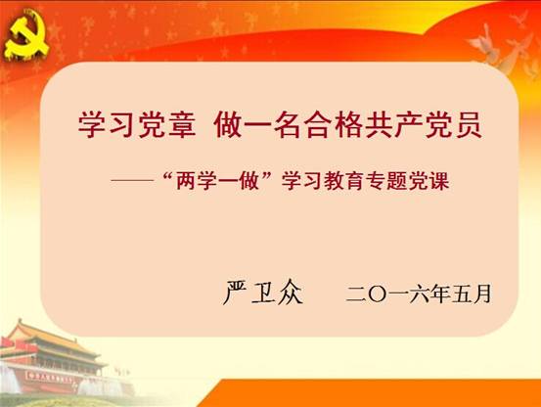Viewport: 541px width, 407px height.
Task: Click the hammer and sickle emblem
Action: click(x=26, y=34)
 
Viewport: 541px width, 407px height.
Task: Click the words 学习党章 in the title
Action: click(x=137, y=124)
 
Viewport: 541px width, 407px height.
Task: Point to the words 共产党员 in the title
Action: click(x=424, y=124)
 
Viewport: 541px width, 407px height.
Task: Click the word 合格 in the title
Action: click(x=334, y=124)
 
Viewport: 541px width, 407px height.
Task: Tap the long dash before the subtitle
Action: click(x=132, y=180)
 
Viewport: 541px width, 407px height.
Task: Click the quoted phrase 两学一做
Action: click(x=217, y=180)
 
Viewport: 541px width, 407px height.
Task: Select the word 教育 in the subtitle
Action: click(x=344, y=180)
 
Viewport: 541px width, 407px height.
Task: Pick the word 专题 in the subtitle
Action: click(x=386, y=180)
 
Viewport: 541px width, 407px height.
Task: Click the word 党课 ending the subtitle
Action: click(x=428, y=180)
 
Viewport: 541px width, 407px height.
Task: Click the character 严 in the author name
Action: click(x=235, y=293)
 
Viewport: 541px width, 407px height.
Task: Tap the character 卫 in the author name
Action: click(x=263, y=293)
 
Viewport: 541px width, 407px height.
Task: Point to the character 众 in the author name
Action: click(x=291, y=293)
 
